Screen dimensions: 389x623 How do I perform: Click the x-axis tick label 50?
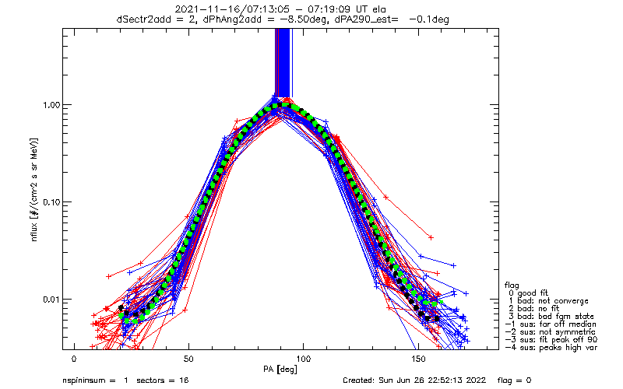pyautogui.click(x=188, y=359)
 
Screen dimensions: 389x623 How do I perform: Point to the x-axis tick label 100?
pyautogui.click(x=302, y=359)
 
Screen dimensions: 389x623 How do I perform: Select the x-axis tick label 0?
pyautogui.click(x=74, y=359)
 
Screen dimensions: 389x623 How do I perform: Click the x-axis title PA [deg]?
pyautogui.click(x=302, y=367)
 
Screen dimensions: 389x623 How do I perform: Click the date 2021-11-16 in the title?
pyautogui.click(x=201, y=9)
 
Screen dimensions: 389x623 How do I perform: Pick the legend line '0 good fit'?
pyautogui.click(x=534, y=292)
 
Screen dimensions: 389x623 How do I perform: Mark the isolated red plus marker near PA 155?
pyautogui.click(x=431, y=237)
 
